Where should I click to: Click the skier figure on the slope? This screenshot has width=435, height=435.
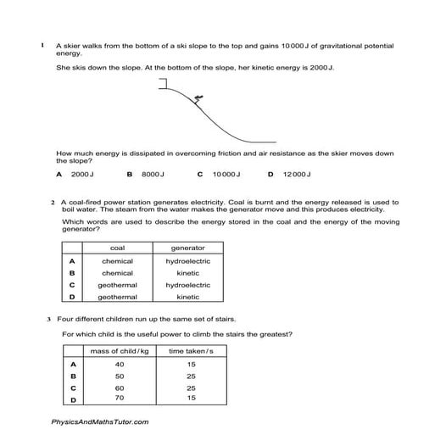click(x=198, y=100)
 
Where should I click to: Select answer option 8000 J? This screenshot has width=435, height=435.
click(x=152, y=174)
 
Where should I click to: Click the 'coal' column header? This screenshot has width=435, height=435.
click(x=117, y=248)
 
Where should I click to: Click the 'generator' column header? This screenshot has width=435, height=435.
click(x=187, y=248)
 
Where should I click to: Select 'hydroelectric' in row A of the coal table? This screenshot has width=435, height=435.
click(x=187, y=261)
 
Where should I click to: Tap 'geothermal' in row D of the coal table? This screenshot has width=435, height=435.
click(x=117, y=298)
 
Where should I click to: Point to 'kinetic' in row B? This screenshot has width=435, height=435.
click(x=187, y=273)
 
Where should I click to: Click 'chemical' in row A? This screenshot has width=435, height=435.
click(x=117, y=261)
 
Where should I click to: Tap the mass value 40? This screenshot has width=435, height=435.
click(x=119, y=364)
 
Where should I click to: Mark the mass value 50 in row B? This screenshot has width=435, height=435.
click(x=119, y=376)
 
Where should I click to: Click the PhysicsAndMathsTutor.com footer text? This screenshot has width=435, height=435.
click(x=99, y=421)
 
